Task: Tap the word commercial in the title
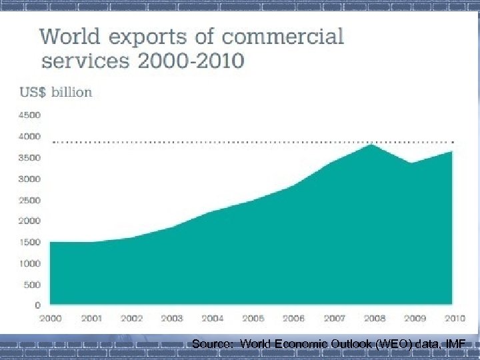point(291,35)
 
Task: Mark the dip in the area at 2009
point(414,163)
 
